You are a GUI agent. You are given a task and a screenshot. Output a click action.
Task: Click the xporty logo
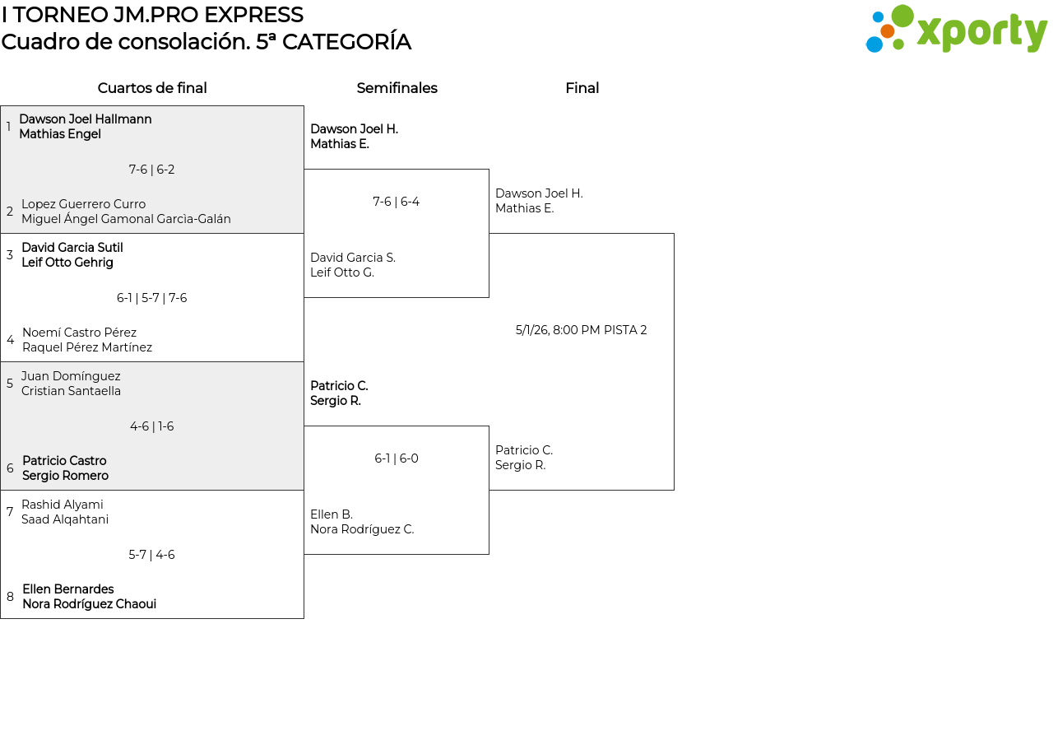(x=956, y=29)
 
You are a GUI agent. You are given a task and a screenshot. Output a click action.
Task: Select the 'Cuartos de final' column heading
(x=152, y=88)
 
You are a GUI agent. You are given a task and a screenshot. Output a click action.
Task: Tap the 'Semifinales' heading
(x=397, y=88)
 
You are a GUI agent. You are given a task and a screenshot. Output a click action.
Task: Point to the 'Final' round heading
(x=582, y=88)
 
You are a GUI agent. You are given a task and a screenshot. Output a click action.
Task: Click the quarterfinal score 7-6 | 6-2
(x=152, y=170)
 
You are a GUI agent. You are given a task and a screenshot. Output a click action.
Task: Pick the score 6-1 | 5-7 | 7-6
(x=152, y=298)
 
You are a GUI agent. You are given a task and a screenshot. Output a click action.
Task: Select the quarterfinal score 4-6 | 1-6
(x=152, y=426)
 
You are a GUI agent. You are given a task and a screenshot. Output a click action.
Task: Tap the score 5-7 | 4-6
(x=152, y=555)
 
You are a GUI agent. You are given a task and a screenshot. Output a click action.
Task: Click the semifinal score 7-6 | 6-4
(x=397, y=202)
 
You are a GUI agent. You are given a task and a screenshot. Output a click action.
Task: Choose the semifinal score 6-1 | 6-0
(x=397, y=458)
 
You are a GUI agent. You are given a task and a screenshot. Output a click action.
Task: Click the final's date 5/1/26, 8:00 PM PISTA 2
(x=581, y=330)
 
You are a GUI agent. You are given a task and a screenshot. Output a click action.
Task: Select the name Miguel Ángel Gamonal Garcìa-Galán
(x=126, y=219)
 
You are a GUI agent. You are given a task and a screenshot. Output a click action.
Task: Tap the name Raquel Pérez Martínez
(x=87, y=347)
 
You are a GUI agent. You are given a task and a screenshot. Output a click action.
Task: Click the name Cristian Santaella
(x=71, y=391)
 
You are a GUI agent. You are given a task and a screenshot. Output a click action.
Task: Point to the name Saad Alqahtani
(x=65, y=519)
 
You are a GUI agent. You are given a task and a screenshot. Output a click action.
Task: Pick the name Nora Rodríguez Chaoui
(x=90, y=604)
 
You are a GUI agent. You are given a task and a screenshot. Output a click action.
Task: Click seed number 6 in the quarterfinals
(x=11, y=468)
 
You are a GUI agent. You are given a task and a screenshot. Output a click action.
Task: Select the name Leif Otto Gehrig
(x=67, y=263)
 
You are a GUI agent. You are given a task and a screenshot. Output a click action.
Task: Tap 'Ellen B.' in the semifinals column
(x=332, y=514)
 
